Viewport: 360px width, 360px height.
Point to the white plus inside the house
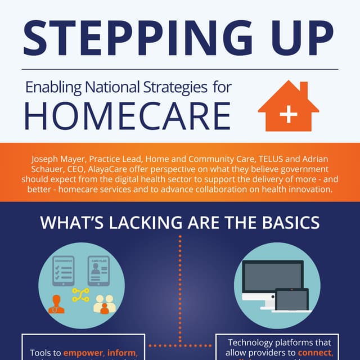[289, 115]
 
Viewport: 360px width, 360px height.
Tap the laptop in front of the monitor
[291, 300]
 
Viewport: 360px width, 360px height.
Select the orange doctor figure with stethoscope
[57, 304]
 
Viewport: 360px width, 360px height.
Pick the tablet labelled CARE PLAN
[98, 272]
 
